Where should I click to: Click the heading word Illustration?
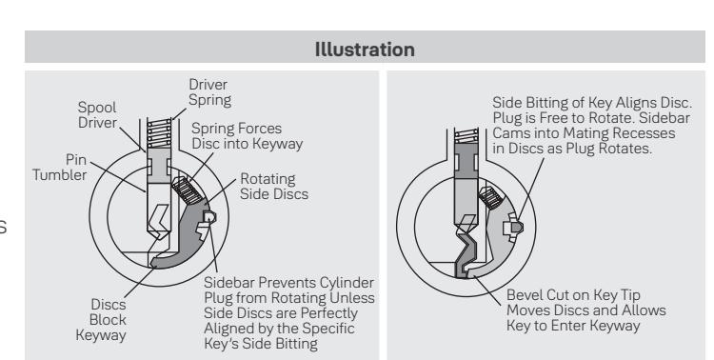[x=365, y=50]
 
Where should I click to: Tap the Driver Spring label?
[x=210, y=92]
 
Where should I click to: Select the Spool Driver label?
[x=97, y=115]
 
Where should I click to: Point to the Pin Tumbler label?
[x=60, y=168]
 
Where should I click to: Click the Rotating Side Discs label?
[x=274, y=186]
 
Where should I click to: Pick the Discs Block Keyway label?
[x=101, y=319]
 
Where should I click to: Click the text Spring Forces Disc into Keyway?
[x=248, y=136]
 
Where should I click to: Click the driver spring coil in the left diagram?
[x=159, y=133]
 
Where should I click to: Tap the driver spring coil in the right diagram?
[x=466, y=136]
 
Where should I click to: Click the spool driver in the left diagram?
[x=159, y=166]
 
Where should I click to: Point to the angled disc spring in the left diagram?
[x=188, y=190]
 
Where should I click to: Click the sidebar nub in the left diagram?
[x=209, y=216]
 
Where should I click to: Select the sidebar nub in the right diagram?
[x=517, y=227]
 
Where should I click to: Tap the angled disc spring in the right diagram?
[x=490, y=197]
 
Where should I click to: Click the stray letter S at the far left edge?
[x=3, y=227]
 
